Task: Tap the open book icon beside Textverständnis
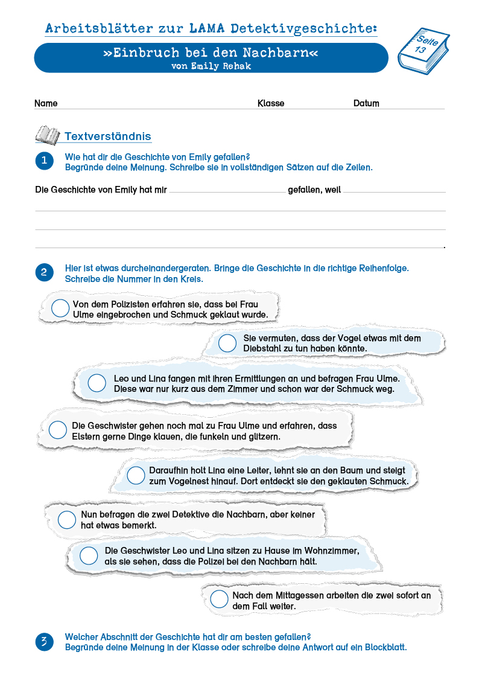coord(48,135)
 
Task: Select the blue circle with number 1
coord(43,161)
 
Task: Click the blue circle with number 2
coord(43,272)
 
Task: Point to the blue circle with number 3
coord(43,642)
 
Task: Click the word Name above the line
coord(46,103)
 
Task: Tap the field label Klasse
coord(271,103)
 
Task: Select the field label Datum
coord(366,103)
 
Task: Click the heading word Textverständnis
coord(107,136)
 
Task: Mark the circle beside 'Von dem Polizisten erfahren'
coord(60,309)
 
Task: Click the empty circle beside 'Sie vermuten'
coord(227,343)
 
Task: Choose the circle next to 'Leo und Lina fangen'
coord(97,383)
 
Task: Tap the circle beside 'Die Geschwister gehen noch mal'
coord(58,430)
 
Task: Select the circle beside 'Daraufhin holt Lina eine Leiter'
coord(136,475)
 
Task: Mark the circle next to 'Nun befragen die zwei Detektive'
coord(67,519)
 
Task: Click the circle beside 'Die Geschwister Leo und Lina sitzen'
coord(89,555)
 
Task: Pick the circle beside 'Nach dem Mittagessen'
coord(219,600)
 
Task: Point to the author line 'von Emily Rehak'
coord(211,66)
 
